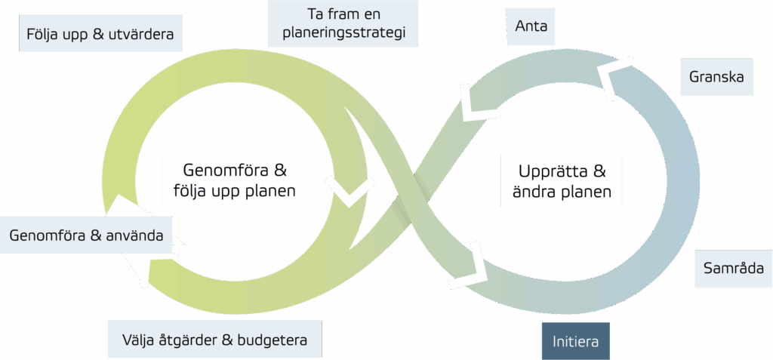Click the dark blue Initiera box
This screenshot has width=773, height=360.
575,341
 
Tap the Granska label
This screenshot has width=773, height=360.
716,77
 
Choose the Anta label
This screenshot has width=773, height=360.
531,26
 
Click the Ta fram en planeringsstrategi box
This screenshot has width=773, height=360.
343,23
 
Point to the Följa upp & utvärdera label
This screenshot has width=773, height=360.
100,34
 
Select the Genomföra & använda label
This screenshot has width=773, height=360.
86,235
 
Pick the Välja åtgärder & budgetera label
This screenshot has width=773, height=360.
215,340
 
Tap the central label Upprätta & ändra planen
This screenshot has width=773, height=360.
561,180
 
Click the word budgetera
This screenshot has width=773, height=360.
273,340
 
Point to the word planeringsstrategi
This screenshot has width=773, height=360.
343,33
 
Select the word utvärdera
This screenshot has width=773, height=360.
140,34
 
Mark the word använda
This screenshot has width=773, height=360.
136,235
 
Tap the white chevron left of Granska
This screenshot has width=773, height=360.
614,76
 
